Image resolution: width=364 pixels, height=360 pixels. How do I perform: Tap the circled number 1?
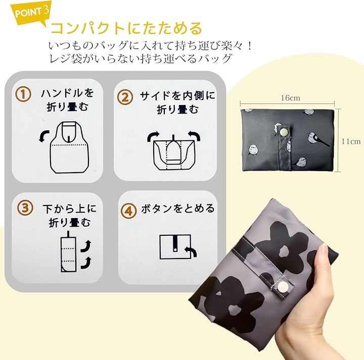point(23,94)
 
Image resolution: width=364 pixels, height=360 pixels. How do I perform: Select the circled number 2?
point(125,97)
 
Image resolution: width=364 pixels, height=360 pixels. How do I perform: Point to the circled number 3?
point(25,208)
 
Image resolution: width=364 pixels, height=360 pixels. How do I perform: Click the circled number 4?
point(128,211)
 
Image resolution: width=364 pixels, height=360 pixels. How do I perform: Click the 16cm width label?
point(290,98)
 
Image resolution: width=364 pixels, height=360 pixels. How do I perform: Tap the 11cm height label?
point(351,141)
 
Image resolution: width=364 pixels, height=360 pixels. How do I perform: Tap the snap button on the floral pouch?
point(282,286)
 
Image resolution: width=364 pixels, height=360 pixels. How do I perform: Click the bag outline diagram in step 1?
point(69,147)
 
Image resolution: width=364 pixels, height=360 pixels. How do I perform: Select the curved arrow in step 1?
point(44,136)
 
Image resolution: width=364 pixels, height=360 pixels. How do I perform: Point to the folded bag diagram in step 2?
point(174,152)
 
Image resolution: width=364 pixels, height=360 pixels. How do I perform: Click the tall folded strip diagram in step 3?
point(68,251)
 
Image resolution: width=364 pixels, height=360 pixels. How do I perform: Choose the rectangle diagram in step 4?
point(175,246)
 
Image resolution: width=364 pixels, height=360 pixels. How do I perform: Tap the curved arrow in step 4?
point(191,251)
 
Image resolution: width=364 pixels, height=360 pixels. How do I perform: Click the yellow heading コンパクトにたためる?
point(126,28)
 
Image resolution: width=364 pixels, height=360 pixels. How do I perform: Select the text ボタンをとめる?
point(178,209)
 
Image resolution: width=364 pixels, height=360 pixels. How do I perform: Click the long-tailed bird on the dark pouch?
point(316,139)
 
